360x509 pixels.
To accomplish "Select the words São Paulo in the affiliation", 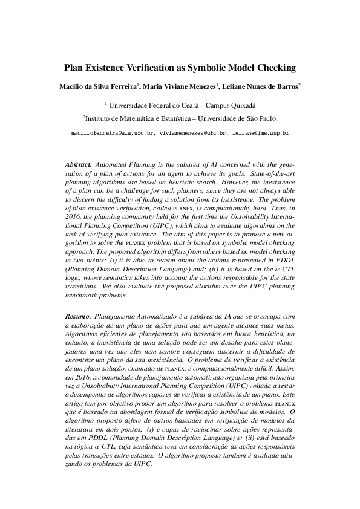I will click(x=260, y=119).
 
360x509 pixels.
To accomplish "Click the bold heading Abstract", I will click(x=78, y=164).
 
